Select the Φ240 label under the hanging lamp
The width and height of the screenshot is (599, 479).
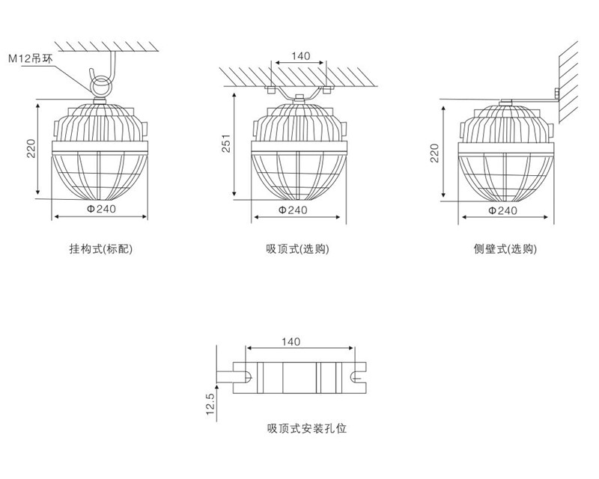tap(100, 210)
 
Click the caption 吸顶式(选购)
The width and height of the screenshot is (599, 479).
tap(298, 248)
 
